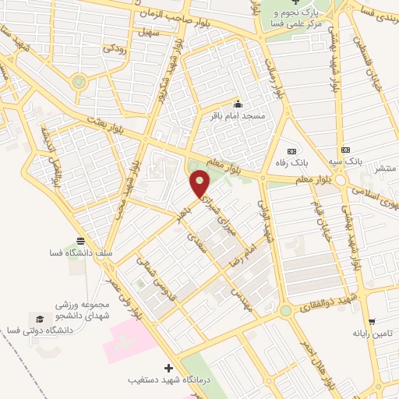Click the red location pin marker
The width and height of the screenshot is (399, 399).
tap(200, 184)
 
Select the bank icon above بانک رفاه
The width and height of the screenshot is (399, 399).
tap(291, 150)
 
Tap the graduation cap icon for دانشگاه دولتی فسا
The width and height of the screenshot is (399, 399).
tap(38, 319)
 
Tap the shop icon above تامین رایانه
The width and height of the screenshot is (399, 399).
tap(372, 320)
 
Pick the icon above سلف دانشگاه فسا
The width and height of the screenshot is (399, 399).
tap(81, 240)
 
